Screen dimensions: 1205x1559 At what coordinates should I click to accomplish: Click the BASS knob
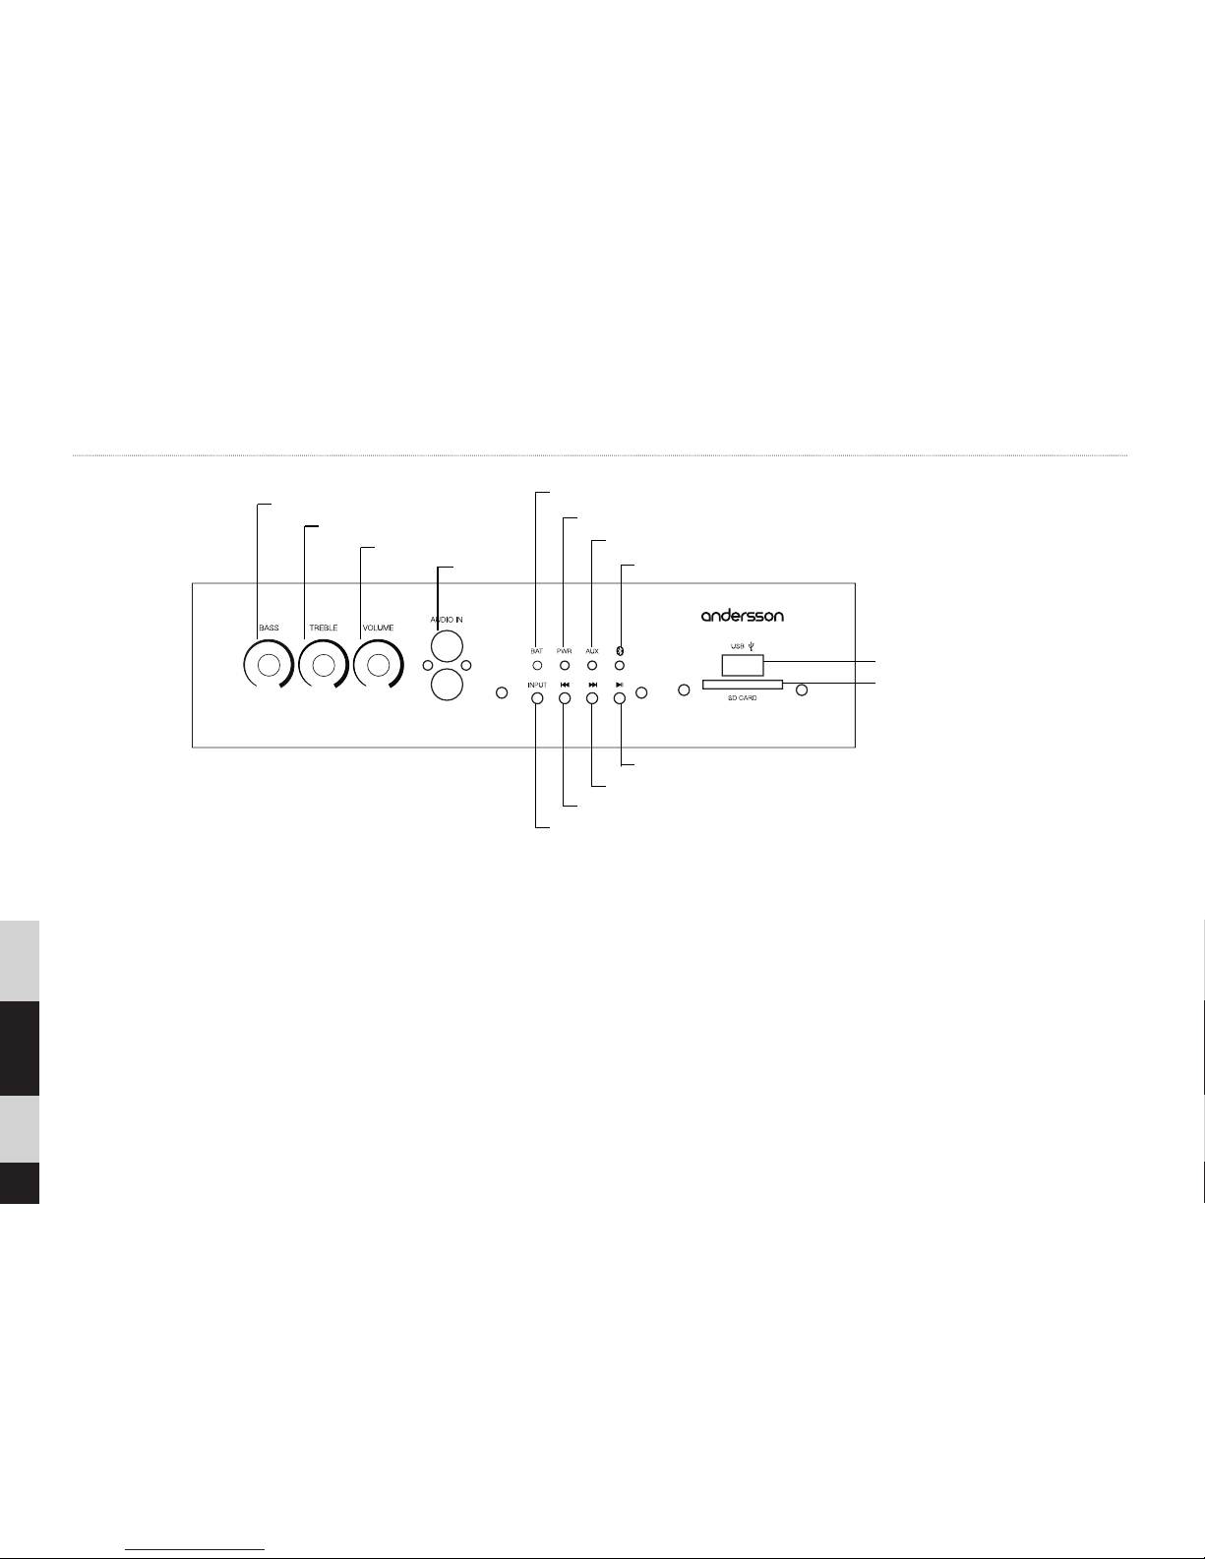tap(269, 665)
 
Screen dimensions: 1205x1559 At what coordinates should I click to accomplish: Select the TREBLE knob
tap(324, 665)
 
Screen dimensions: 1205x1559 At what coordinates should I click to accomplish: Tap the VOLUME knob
tap(378, 665)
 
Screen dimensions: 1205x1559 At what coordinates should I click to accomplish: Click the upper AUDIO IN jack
tap(447, 645)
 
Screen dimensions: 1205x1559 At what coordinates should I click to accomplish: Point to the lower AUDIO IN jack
tap(447, 685)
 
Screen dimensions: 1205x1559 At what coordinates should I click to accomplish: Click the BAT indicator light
tap(537, 666)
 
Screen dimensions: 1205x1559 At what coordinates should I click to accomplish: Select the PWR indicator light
tap(565, 666)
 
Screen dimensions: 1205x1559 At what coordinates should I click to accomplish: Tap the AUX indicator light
tap(592, 666)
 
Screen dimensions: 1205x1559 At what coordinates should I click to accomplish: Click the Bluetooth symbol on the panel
tap(621, 651)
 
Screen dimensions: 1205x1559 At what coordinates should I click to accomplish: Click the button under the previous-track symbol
tap(565, 698)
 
